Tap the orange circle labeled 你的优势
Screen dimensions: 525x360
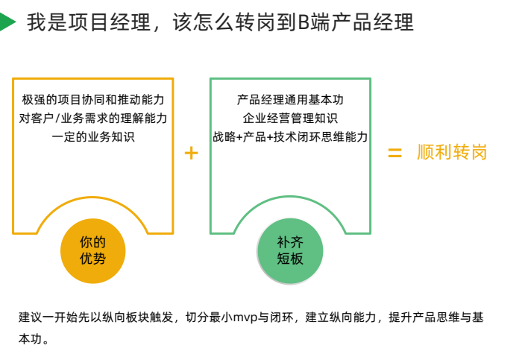[92, 250]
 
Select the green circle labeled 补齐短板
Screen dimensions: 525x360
[290, 250]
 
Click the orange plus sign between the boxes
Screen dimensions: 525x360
[191, 153]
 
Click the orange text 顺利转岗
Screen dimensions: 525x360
[452, 153]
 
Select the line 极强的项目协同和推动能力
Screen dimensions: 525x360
[93, 99]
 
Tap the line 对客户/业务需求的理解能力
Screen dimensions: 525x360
[93, 118]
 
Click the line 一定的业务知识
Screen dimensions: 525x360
[93, 136]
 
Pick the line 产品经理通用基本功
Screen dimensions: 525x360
[290, 99]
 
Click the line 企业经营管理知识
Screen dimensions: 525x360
[290, 118]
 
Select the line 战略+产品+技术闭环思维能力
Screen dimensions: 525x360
[290, 136]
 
